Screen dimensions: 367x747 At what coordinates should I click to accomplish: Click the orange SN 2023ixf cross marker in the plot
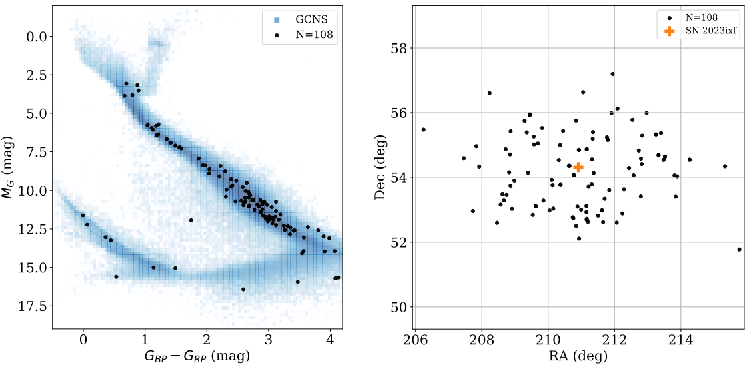click(x=578, y=167)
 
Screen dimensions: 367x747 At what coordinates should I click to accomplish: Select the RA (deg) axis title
click(x=579, y=356)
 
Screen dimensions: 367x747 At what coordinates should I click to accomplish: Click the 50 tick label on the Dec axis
click(x=400, y=307)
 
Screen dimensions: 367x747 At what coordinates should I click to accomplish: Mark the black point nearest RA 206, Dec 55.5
click(x=423, y=129)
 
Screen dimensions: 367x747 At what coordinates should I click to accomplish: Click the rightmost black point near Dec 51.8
click(x=740, y=249)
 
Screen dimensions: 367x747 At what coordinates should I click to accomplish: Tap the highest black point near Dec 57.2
click(x=612, y=74)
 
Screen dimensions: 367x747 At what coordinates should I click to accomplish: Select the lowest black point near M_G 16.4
click(x=243, y=289)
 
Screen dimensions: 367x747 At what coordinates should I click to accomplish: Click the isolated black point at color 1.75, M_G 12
click(x=191, y=220)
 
